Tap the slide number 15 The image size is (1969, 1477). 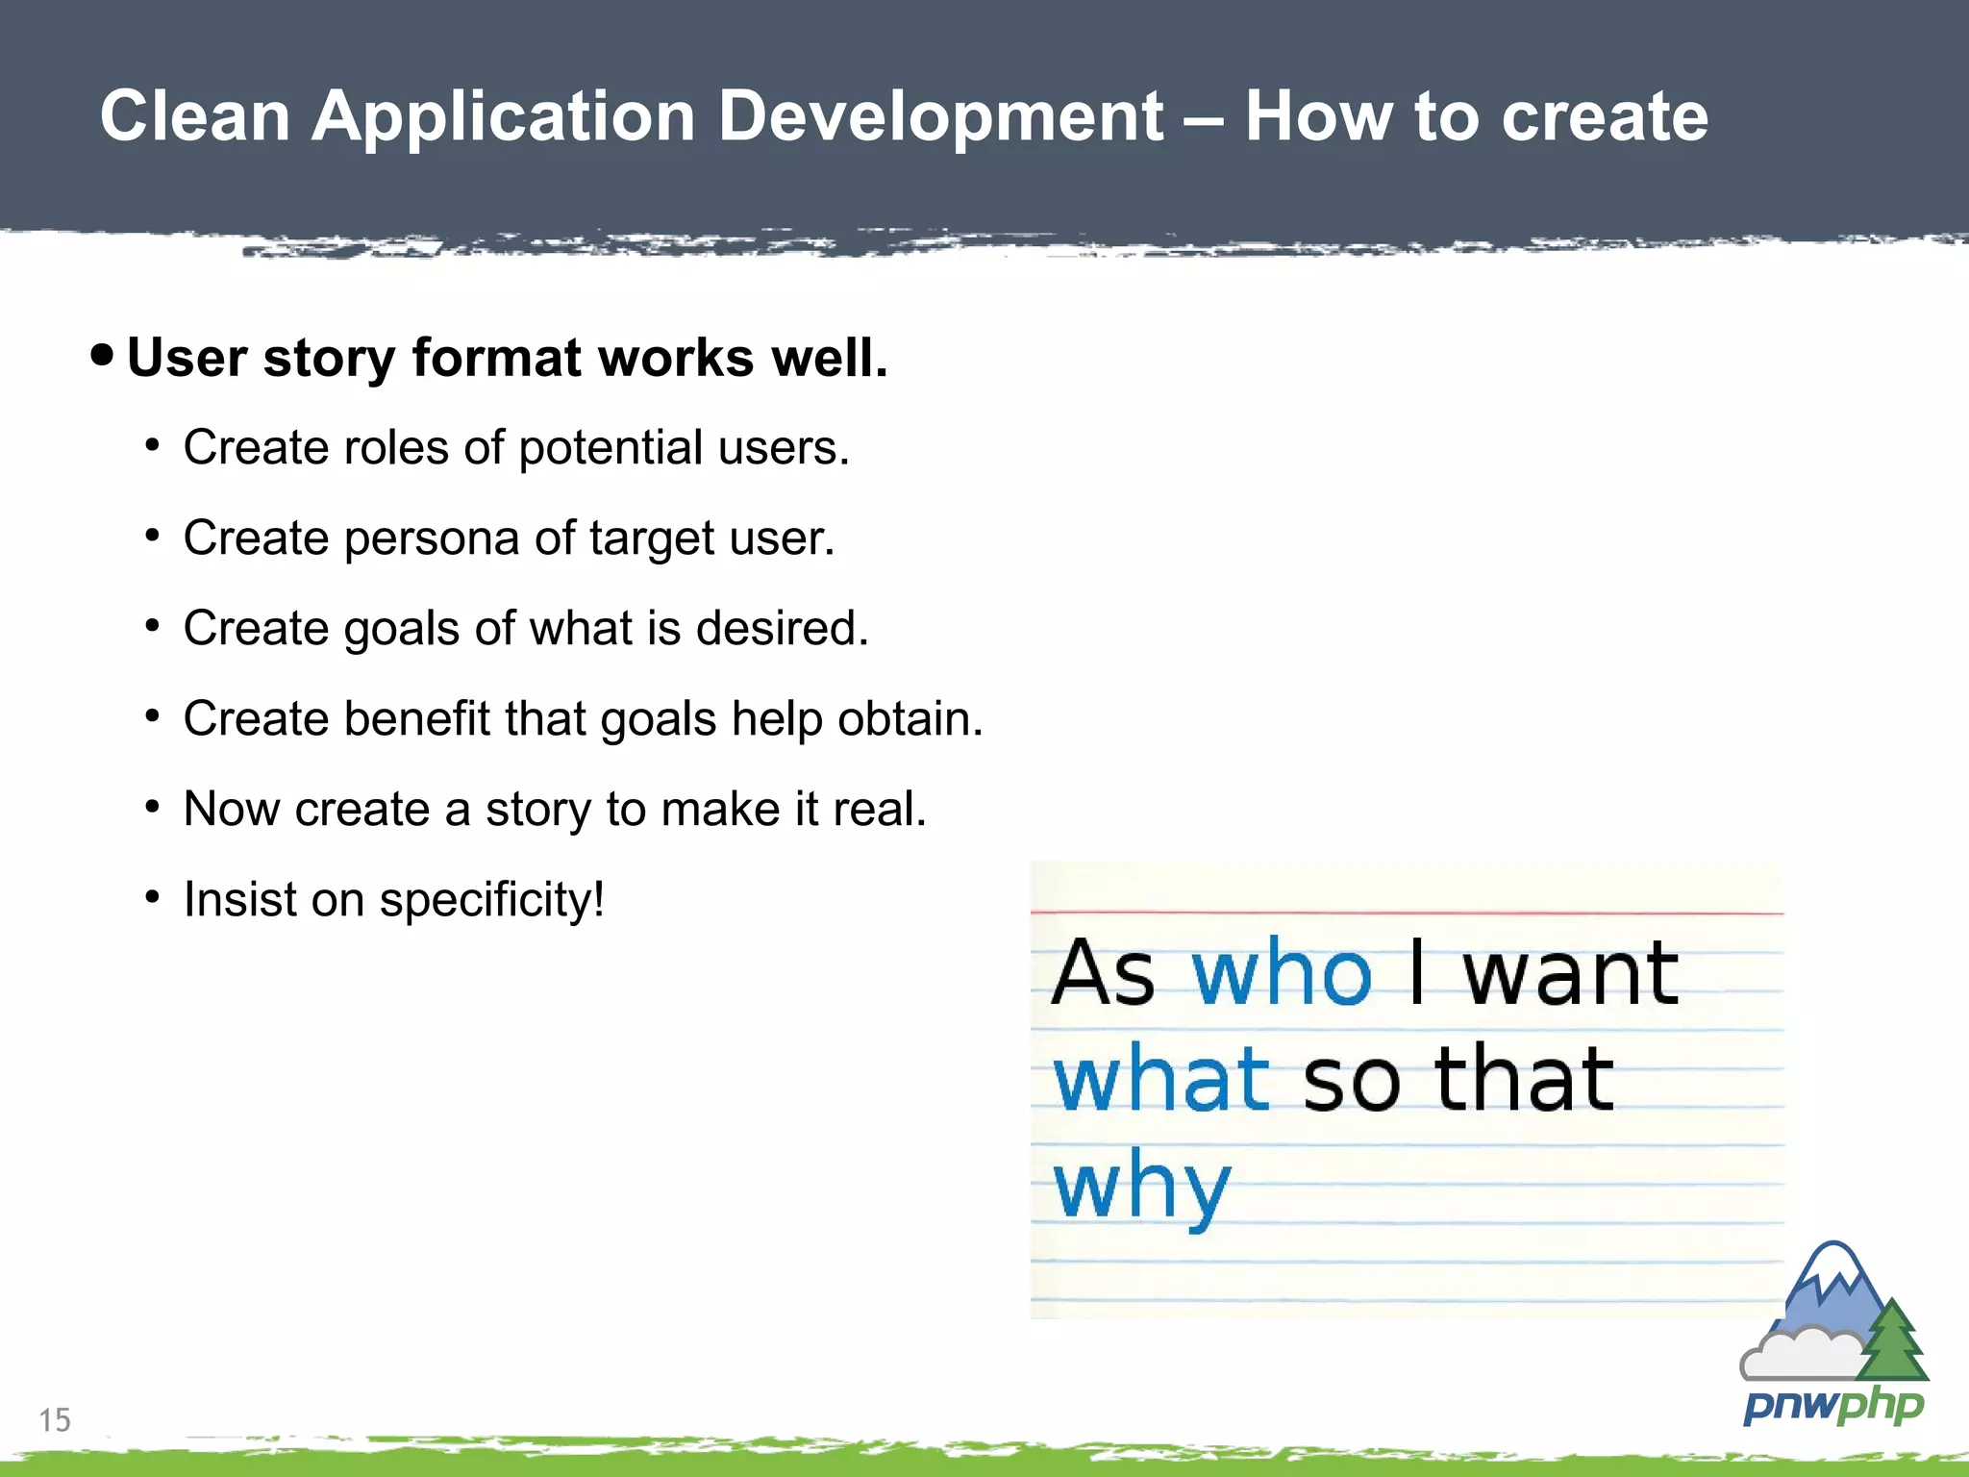click(55, 1419)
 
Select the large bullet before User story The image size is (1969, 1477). click(102, 355)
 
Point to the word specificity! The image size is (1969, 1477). click(491, 901)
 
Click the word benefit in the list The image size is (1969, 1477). click(417, 718)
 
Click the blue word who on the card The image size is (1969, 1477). click(1281, 974)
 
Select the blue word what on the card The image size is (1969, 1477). click(1161, 1080)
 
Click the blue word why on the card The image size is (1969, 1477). click(1141, 1187)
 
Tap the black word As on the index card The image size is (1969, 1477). click(1102, 974)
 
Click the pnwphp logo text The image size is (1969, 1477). click(1832, 1406)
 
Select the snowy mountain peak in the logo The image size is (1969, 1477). click(1834, 1269)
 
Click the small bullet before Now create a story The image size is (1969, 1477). click(152, 807)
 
